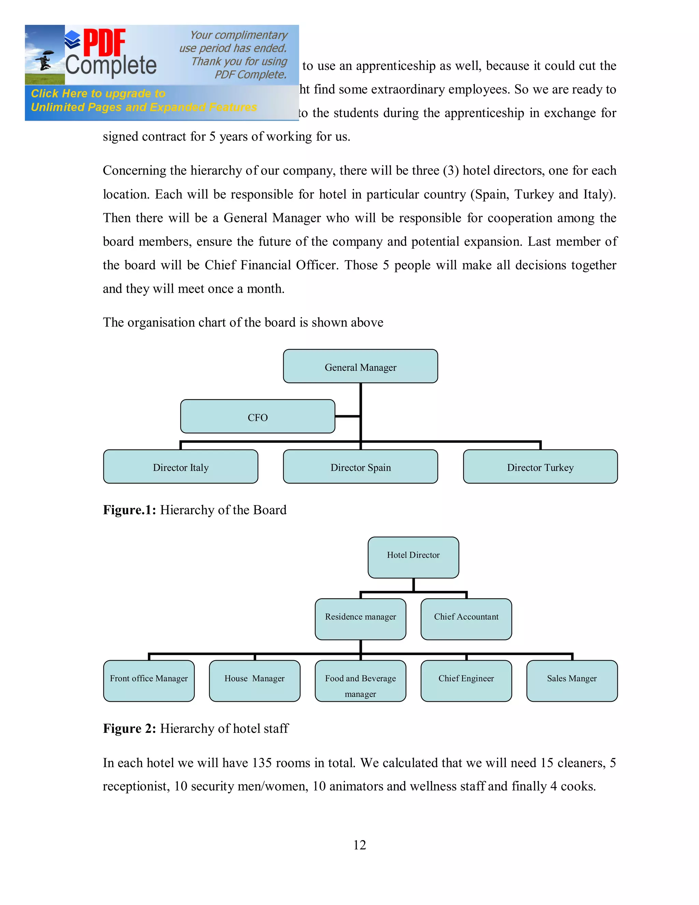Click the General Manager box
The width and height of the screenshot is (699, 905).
coord(360,366)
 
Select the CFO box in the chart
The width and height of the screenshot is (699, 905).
coord(258,416)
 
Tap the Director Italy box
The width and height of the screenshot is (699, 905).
coord(181,467)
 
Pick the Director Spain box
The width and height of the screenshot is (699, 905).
coord(360,467)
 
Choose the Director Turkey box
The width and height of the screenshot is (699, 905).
coord(540,467)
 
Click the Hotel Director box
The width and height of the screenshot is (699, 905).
coord(413,557)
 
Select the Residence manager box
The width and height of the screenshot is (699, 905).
coord(360,619)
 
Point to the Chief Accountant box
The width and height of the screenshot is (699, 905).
coord(466,619)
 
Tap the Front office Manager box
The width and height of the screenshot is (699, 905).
coord(149,681)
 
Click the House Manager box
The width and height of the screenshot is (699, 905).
coord(254,681)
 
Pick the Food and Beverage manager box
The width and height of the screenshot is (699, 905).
coord(360,681)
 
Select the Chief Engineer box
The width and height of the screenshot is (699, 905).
coord(466,681)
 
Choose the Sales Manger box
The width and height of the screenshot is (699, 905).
coord(571,681)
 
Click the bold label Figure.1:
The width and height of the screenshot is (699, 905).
coord(129,510)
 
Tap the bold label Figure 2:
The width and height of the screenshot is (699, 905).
coord(129,728)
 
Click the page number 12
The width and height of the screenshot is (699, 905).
coord(359,845)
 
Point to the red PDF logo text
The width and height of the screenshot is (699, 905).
coord(104,42)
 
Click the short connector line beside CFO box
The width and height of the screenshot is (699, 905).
coord(347,416)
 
